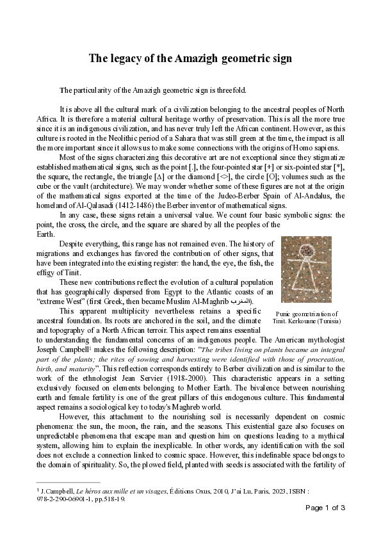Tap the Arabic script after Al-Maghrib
click(x=241, y=301)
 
